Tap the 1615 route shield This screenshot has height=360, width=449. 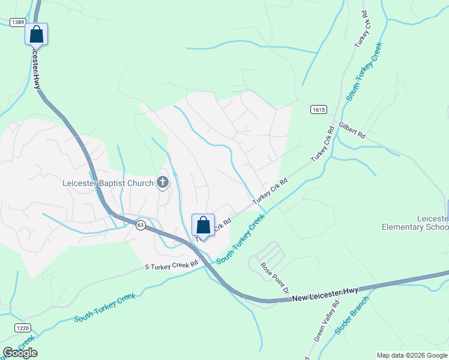pos(319,109)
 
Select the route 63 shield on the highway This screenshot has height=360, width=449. pos(140,224)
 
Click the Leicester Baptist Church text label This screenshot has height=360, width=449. pos(108,182)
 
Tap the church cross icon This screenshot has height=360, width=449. pos(163,182)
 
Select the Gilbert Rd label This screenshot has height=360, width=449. pos(352,131)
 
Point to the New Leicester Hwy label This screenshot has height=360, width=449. pos(326,293)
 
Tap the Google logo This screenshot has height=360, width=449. pos(20,353)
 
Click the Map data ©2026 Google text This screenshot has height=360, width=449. pos(412,355)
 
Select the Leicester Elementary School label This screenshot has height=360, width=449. pos(415,223)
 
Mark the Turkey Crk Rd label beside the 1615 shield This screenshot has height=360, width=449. pos(322,145)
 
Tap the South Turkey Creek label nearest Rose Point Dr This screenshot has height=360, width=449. pos(241,239)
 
